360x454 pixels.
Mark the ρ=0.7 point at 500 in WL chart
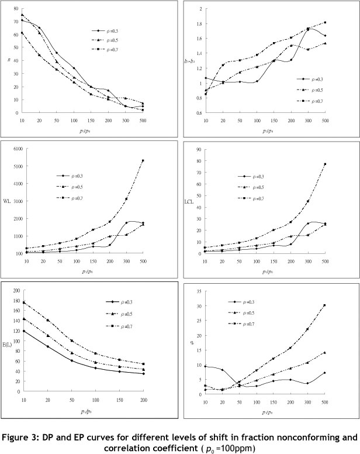pos(158,160)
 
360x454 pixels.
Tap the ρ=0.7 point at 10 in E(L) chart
pos(22,302)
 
